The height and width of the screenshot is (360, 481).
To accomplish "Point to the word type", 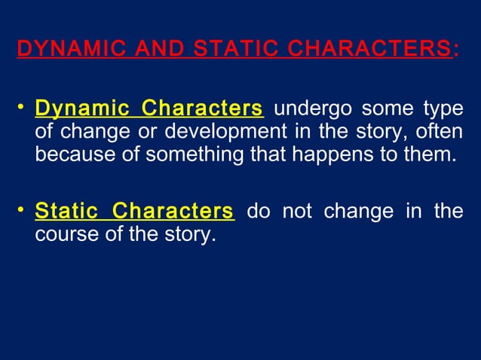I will pos(442,108).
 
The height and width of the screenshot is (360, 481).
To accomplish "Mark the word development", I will pos(226,133).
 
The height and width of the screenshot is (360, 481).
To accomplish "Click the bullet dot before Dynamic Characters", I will pos(21,108).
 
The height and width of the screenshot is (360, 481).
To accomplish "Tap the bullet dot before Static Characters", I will pos(21,210).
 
